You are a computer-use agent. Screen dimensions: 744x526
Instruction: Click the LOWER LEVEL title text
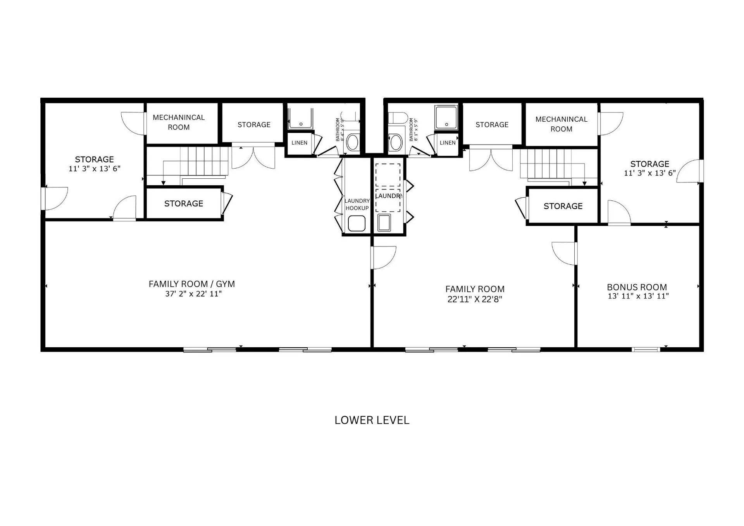pyautogui.click(x=372, y=420)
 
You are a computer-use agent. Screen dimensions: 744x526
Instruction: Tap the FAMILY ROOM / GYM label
pyautogui.click(x=192, y=284)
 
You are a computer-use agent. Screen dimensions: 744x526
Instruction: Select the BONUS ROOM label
pyautogui.click(x=637, y=287)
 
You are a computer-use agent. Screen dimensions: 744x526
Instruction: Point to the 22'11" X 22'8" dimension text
pyautogui.click(x=475, y=299)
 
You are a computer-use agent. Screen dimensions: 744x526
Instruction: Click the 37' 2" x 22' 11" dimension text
pyautogui.click(x=193, y=294)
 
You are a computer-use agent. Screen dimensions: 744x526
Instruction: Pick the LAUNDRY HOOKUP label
pyautogui.click(x=357, y=204)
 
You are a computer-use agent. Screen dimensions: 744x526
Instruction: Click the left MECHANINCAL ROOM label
pyautogui.click(x=179, y=122)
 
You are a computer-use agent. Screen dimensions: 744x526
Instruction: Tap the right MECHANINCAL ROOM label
pyautogui.click(x=561, y=124)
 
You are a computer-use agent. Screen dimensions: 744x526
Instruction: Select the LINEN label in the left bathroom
pyautogui.click(x=300, y=143)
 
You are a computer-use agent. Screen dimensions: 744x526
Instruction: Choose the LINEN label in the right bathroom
pyautogui.click(x=448, y=143)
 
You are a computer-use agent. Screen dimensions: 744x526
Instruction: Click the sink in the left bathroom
pyautogui.click(x=353, y=142)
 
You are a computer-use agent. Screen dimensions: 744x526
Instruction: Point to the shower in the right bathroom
pyautogui.click(x=446, y=117)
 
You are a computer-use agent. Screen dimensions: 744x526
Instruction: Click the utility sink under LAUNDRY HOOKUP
pyautogui.click(x=356, y=224)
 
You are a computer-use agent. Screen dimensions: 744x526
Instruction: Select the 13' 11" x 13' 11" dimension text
pyautogui.click(x=638, y=296)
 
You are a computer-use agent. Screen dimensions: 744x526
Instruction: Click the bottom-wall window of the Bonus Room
pyautogui.click(x=646, y=350)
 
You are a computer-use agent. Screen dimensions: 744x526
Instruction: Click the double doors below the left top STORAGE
pyautogui.click(x=253, y=156)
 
